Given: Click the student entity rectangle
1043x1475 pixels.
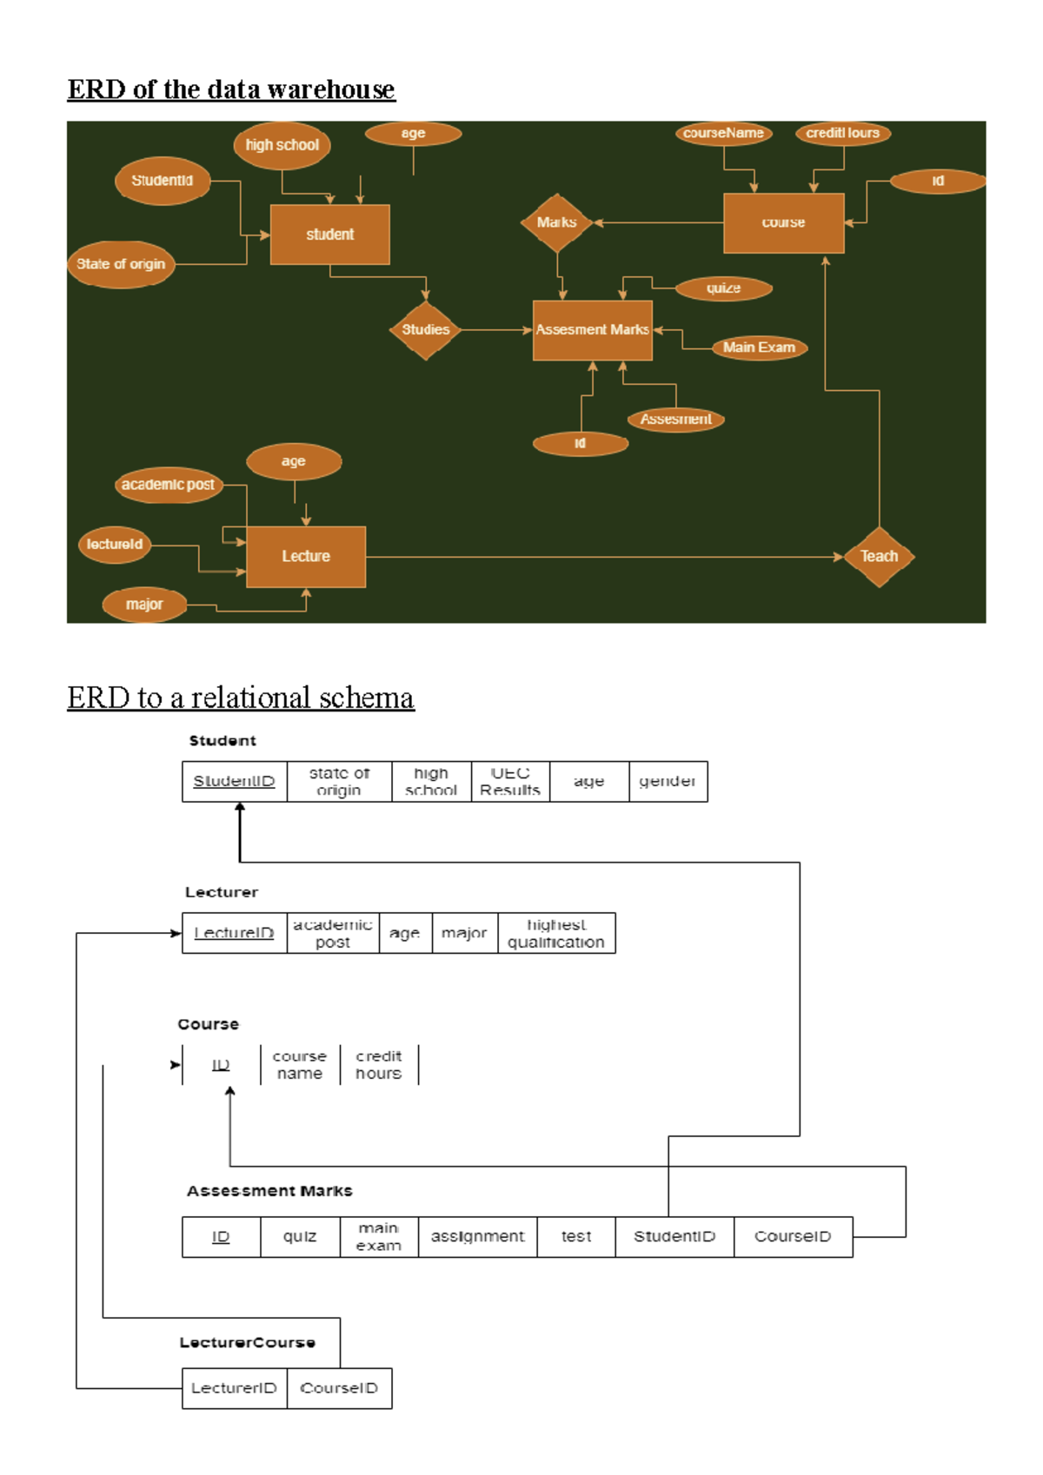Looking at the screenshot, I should click(329, 235).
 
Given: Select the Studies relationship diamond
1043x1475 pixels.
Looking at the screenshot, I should click(425, 330).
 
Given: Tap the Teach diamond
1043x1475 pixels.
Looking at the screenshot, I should click(879, 557).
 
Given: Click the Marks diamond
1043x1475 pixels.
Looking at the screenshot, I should click(556, 223).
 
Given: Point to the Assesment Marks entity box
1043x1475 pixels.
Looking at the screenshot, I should click(592, 330).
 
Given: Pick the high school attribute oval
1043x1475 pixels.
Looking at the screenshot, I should click(282, 145).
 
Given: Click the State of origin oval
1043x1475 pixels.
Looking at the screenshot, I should click(121, 264).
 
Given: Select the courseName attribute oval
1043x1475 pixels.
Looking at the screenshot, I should click(723, 133).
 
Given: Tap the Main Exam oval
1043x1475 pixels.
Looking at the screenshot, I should click(759, 347).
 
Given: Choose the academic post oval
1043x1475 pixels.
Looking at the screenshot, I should click(168, 485).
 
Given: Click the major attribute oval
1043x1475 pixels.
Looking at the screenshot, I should click(144, 605).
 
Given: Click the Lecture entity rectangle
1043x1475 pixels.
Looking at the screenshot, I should click(305, 557).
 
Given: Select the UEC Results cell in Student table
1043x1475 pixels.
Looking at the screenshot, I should click(510, 782).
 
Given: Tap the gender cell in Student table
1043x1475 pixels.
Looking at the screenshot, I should click(668, 782).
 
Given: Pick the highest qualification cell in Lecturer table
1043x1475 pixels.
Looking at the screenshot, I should click(556, 934).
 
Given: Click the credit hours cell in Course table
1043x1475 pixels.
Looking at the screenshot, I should click(379, 1065).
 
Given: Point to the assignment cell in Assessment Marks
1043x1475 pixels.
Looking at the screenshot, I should click(477, 1237).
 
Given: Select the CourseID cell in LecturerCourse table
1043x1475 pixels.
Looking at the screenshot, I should click(339, 1388).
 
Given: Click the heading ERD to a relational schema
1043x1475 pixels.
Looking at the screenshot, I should click(241, 698).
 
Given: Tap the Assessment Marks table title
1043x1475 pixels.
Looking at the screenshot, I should click(269, 1191).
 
